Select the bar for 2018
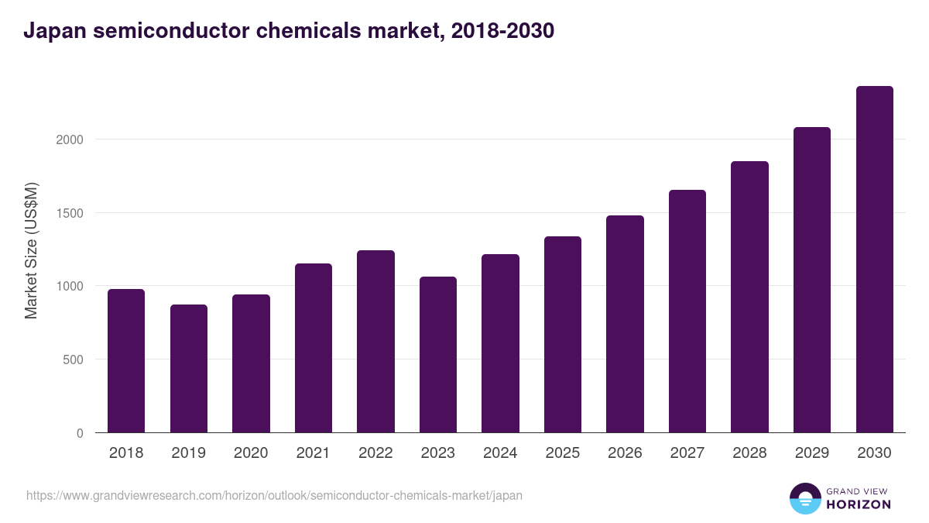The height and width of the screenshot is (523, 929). [x=126, y=361]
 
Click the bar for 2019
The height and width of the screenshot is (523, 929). [x=189, y=369]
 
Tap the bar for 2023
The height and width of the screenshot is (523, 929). [x=438, y=355]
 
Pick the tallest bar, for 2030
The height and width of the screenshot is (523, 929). [x=875, y=260]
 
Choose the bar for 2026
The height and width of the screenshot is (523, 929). [x=625, y=324]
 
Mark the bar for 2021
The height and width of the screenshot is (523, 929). [x=314, y=348]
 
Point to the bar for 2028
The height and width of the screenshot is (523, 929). [x=749, y=297]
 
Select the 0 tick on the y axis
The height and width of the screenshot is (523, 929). [x=79, y=433]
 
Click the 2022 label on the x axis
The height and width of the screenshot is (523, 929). [x=375, y=453]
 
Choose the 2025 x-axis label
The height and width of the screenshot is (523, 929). [x=563, y=453]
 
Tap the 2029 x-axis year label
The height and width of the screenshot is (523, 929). [x=812, y=453]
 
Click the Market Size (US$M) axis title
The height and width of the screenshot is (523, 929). [x=31, y=250]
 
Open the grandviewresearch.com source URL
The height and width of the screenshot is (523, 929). [x=274, y=495]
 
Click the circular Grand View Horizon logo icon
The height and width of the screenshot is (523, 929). [x=805, y=498]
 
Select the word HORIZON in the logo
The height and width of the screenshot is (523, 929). [x=858, y=504]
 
